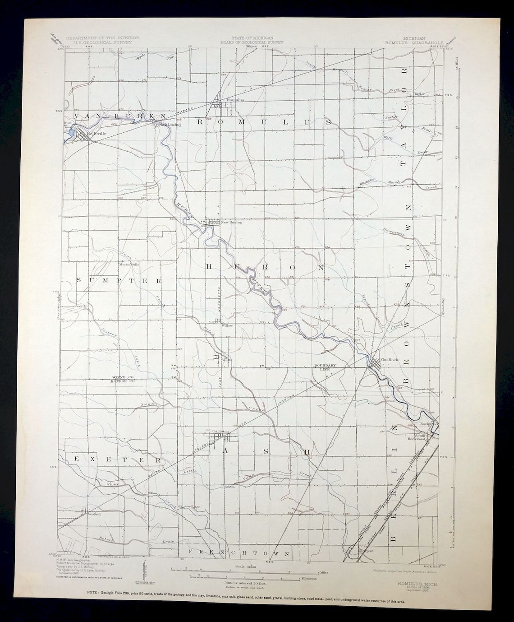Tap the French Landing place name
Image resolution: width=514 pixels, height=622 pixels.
tap(168, 125)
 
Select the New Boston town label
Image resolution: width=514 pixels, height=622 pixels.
tap(231, 222)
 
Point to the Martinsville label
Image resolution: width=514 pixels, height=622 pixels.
tap(129, 264)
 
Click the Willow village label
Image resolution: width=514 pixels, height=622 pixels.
tap(227, 325)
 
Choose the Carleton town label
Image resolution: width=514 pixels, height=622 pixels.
tap(221, 432)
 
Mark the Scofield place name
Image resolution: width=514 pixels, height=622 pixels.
tap(94, 514)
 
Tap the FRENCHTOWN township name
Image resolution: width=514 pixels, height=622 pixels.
tap(239, 552)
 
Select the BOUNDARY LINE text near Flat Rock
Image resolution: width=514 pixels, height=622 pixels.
tap(326, 367)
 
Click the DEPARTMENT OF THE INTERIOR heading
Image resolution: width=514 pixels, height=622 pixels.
tap(102, 38)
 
